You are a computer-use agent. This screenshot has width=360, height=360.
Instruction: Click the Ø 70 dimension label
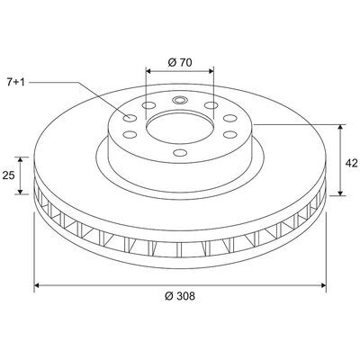(x=180, y=62)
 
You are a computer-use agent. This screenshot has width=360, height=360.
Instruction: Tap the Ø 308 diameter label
(x=180, y=296)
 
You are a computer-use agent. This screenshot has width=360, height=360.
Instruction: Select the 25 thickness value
(x=8, y=175)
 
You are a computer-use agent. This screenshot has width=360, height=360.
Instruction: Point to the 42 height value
(x=352, y=163)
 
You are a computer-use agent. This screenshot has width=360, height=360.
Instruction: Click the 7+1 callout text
(x=15, y=82)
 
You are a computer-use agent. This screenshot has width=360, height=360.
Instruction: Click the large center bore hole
(x=180, y=127)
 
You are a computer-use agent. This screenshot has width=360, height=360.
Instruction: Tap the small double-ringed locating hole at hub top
(x=180, y=100)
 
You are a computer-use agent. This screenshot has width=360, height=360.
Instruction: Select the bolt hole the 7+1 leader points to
(x=130, y=118)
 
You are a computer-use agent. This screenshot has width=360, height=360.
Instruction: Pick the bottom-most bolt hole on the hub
(x=180, y=153)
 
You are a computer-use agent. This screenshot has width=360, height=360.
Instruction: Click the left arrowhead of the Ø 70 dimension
(x=148, y=71)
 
